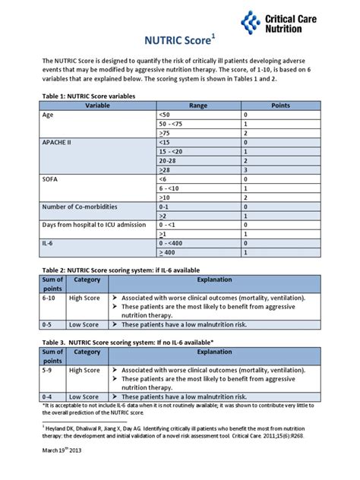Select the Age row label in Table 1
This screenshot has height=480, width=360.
pyautogui.click(x=49, y=115)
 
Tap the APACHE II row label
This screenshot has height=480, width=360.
pyautogui.click(x=58, y=142)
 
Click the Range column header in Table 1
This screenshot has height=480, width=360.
pyautogui.click(x=197, y=106)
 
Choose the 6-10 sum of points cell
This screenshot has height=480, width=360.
pyautogui.click(x=51, y=298)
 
